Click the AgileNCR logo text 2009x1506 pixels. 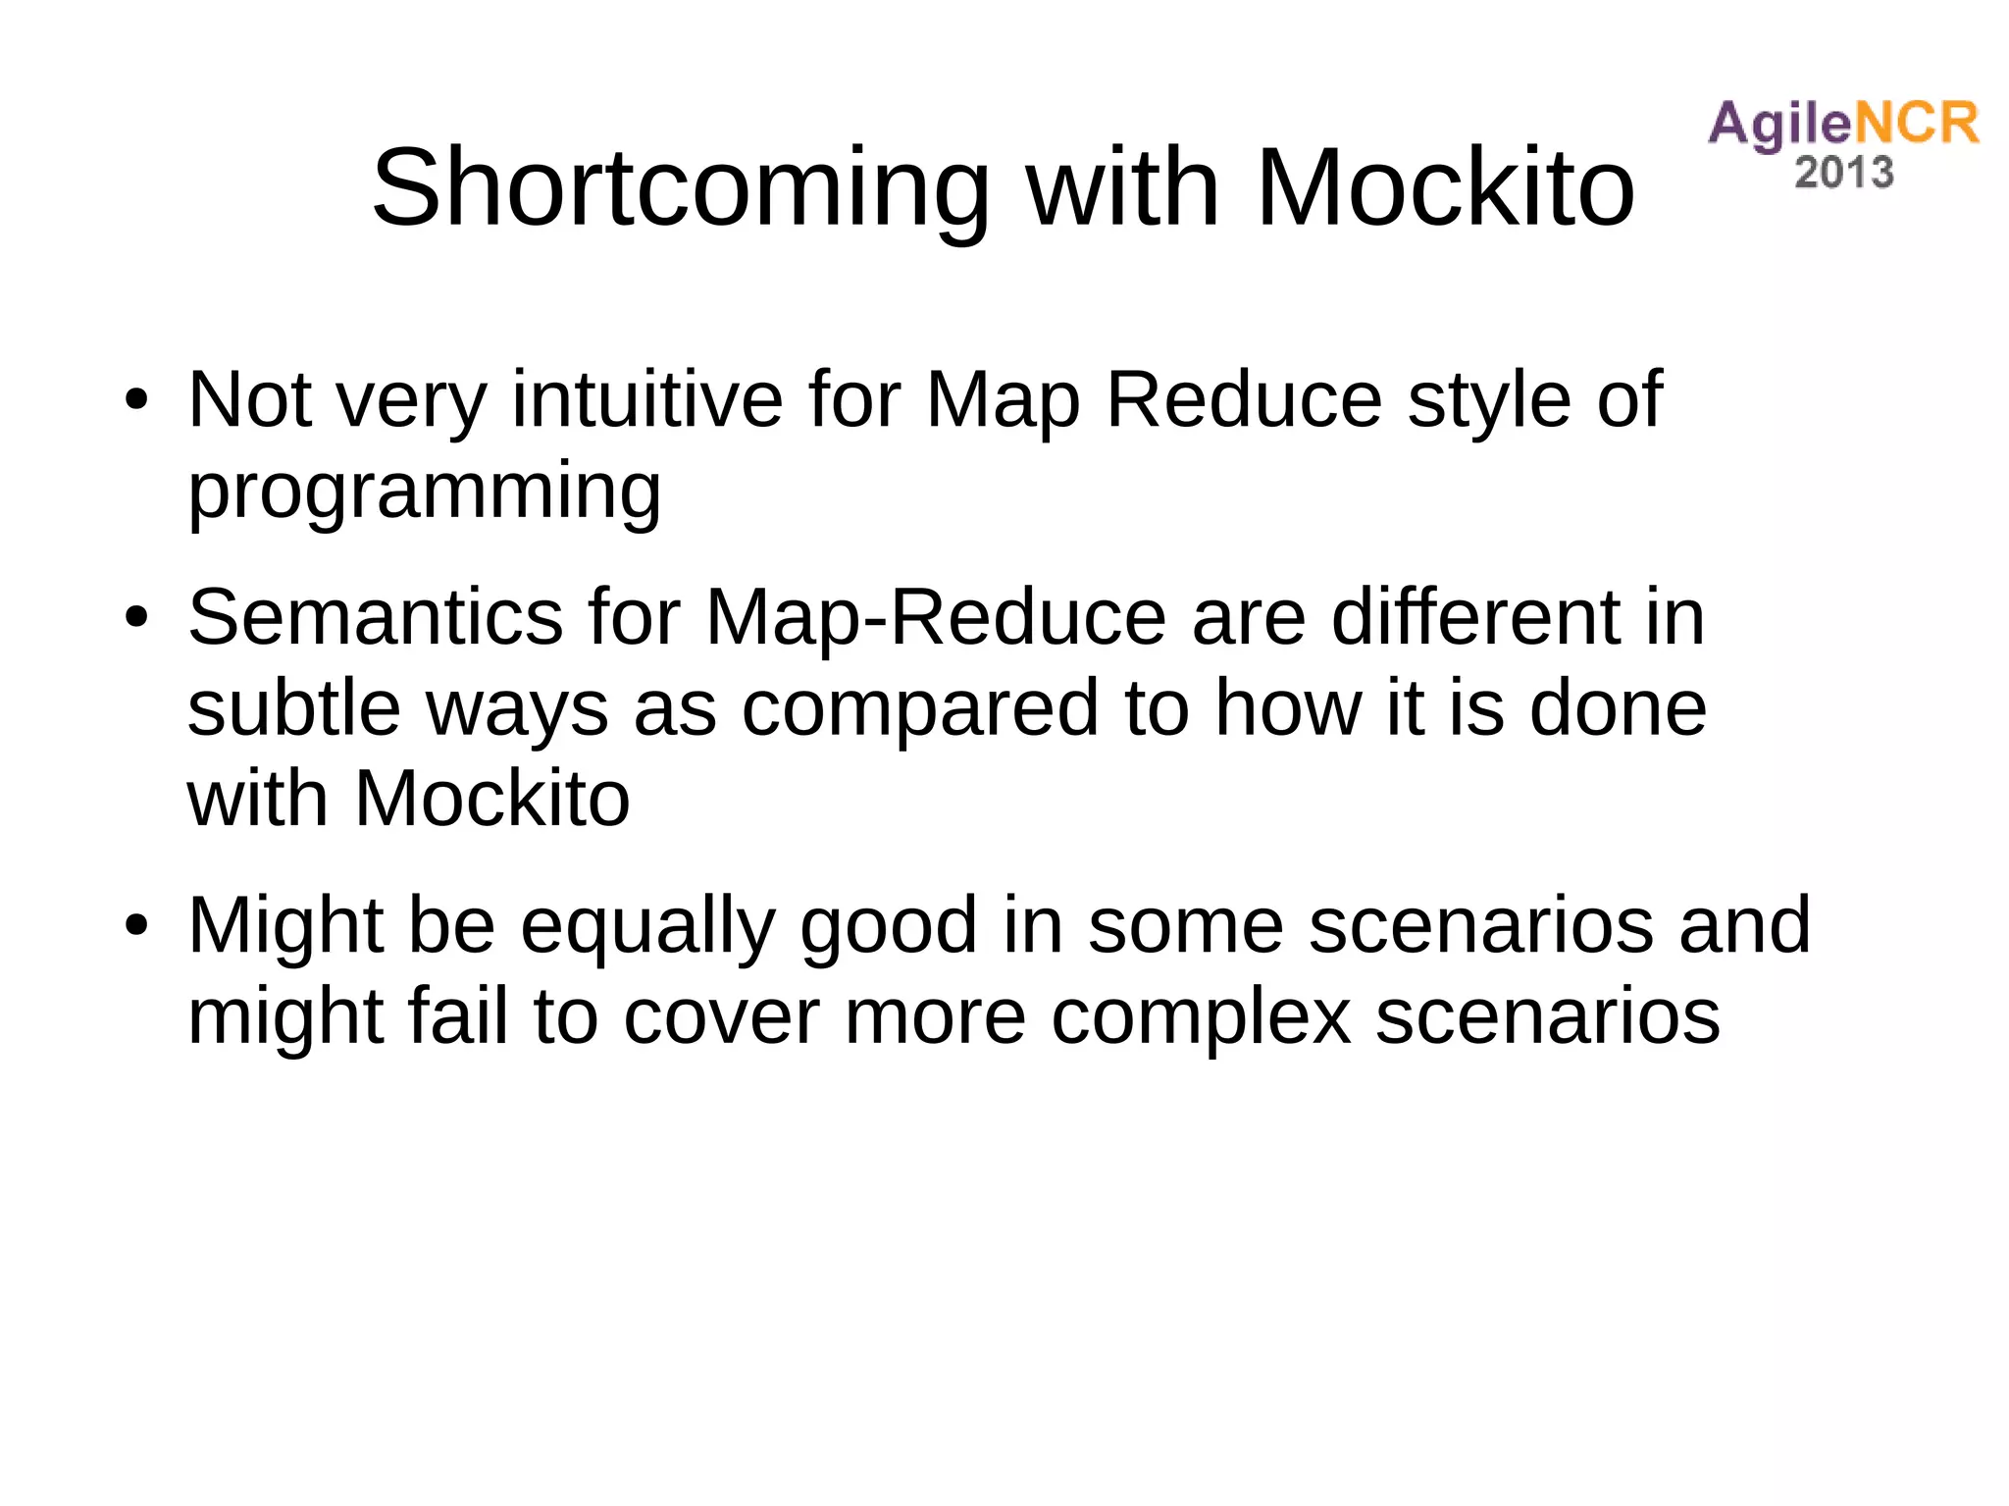pos(1843,125)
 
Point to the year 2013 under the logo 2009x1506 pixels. pos(1843,173)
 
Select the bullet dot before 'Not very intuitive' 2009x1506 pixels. pos(136,400)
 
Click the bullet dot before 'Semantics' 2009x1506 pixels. pos(136,618)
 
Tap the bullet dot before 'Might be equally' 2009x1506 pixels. pos(136,925)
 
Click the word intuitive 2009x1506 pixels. pos(647,399)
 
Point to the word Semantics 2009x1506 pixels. pos(375,617)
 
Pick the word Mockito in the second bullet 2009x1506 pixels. pos(491,799)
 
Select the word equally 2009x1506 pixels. pos(647,927)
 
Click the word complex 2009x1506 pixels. pos(1202,1017)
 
